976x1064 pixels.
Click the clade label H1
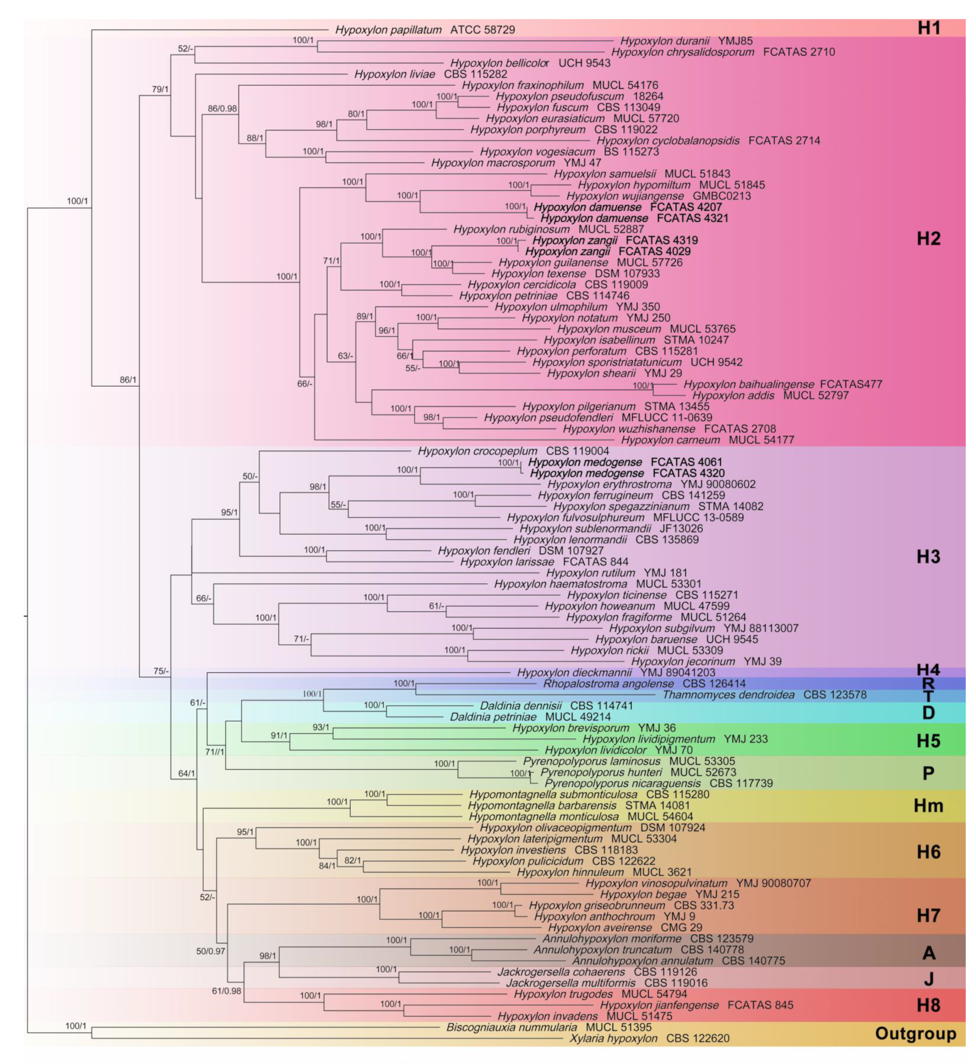[928, 28]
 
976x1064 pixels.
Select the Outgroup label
[915, 1033]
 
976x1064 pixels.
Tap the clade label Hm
[928, 805]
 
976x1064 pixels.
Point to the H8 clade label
[928, 1004]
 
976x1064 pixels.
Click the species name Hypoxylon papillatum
[388, 30]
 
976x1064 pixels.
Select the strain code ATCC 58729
[482, 30]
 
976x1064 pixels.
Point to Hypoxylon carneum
[670, 439]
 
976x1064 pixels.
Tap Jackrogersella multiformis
[570, 983]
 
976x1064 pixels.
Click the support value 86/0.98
[222, 109]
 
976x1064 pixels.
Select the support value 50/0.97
[210, 951]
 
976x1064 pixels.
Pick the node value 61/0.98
[226, 991]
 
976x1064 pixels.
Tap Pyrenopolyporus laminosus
[591, 761]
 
